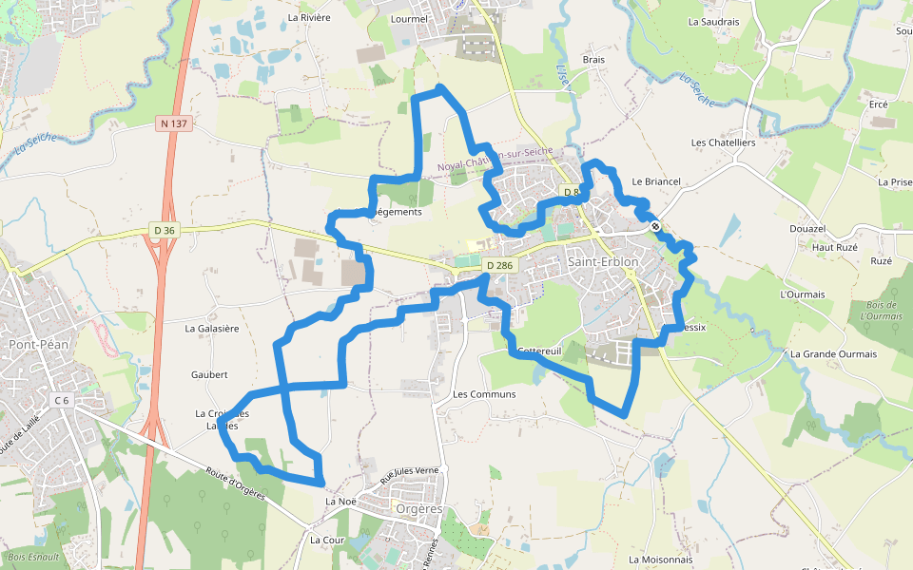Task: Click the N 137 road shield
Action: [173, 123]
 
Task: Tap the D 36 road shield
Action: [165, 230]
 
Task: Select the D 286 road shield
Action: [498, 265]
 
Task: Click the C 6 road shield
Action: [62, 401]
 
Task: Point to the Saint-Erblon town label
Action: [602, 261]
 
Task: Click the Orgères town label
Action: [418, 508]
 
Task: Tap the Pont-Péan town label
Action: [39, 344]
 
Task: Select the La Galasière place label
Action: [211, 328]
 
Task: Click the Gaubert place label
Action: [209, 375]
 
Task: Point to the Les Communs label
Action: [484, 393]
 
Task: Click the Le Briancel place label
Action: [656, 180]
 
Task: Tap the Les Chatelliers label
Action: [723, 142]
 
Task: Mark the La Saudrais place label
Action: [714, 21]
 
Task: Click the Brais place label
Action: [593, 59]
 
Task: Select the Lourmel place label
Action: [410, 18]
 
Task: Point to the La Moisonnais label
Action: [661, 560]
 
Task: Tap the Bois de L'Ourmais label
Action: [881, 310]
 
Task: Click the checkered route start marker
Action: [655, 225]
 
